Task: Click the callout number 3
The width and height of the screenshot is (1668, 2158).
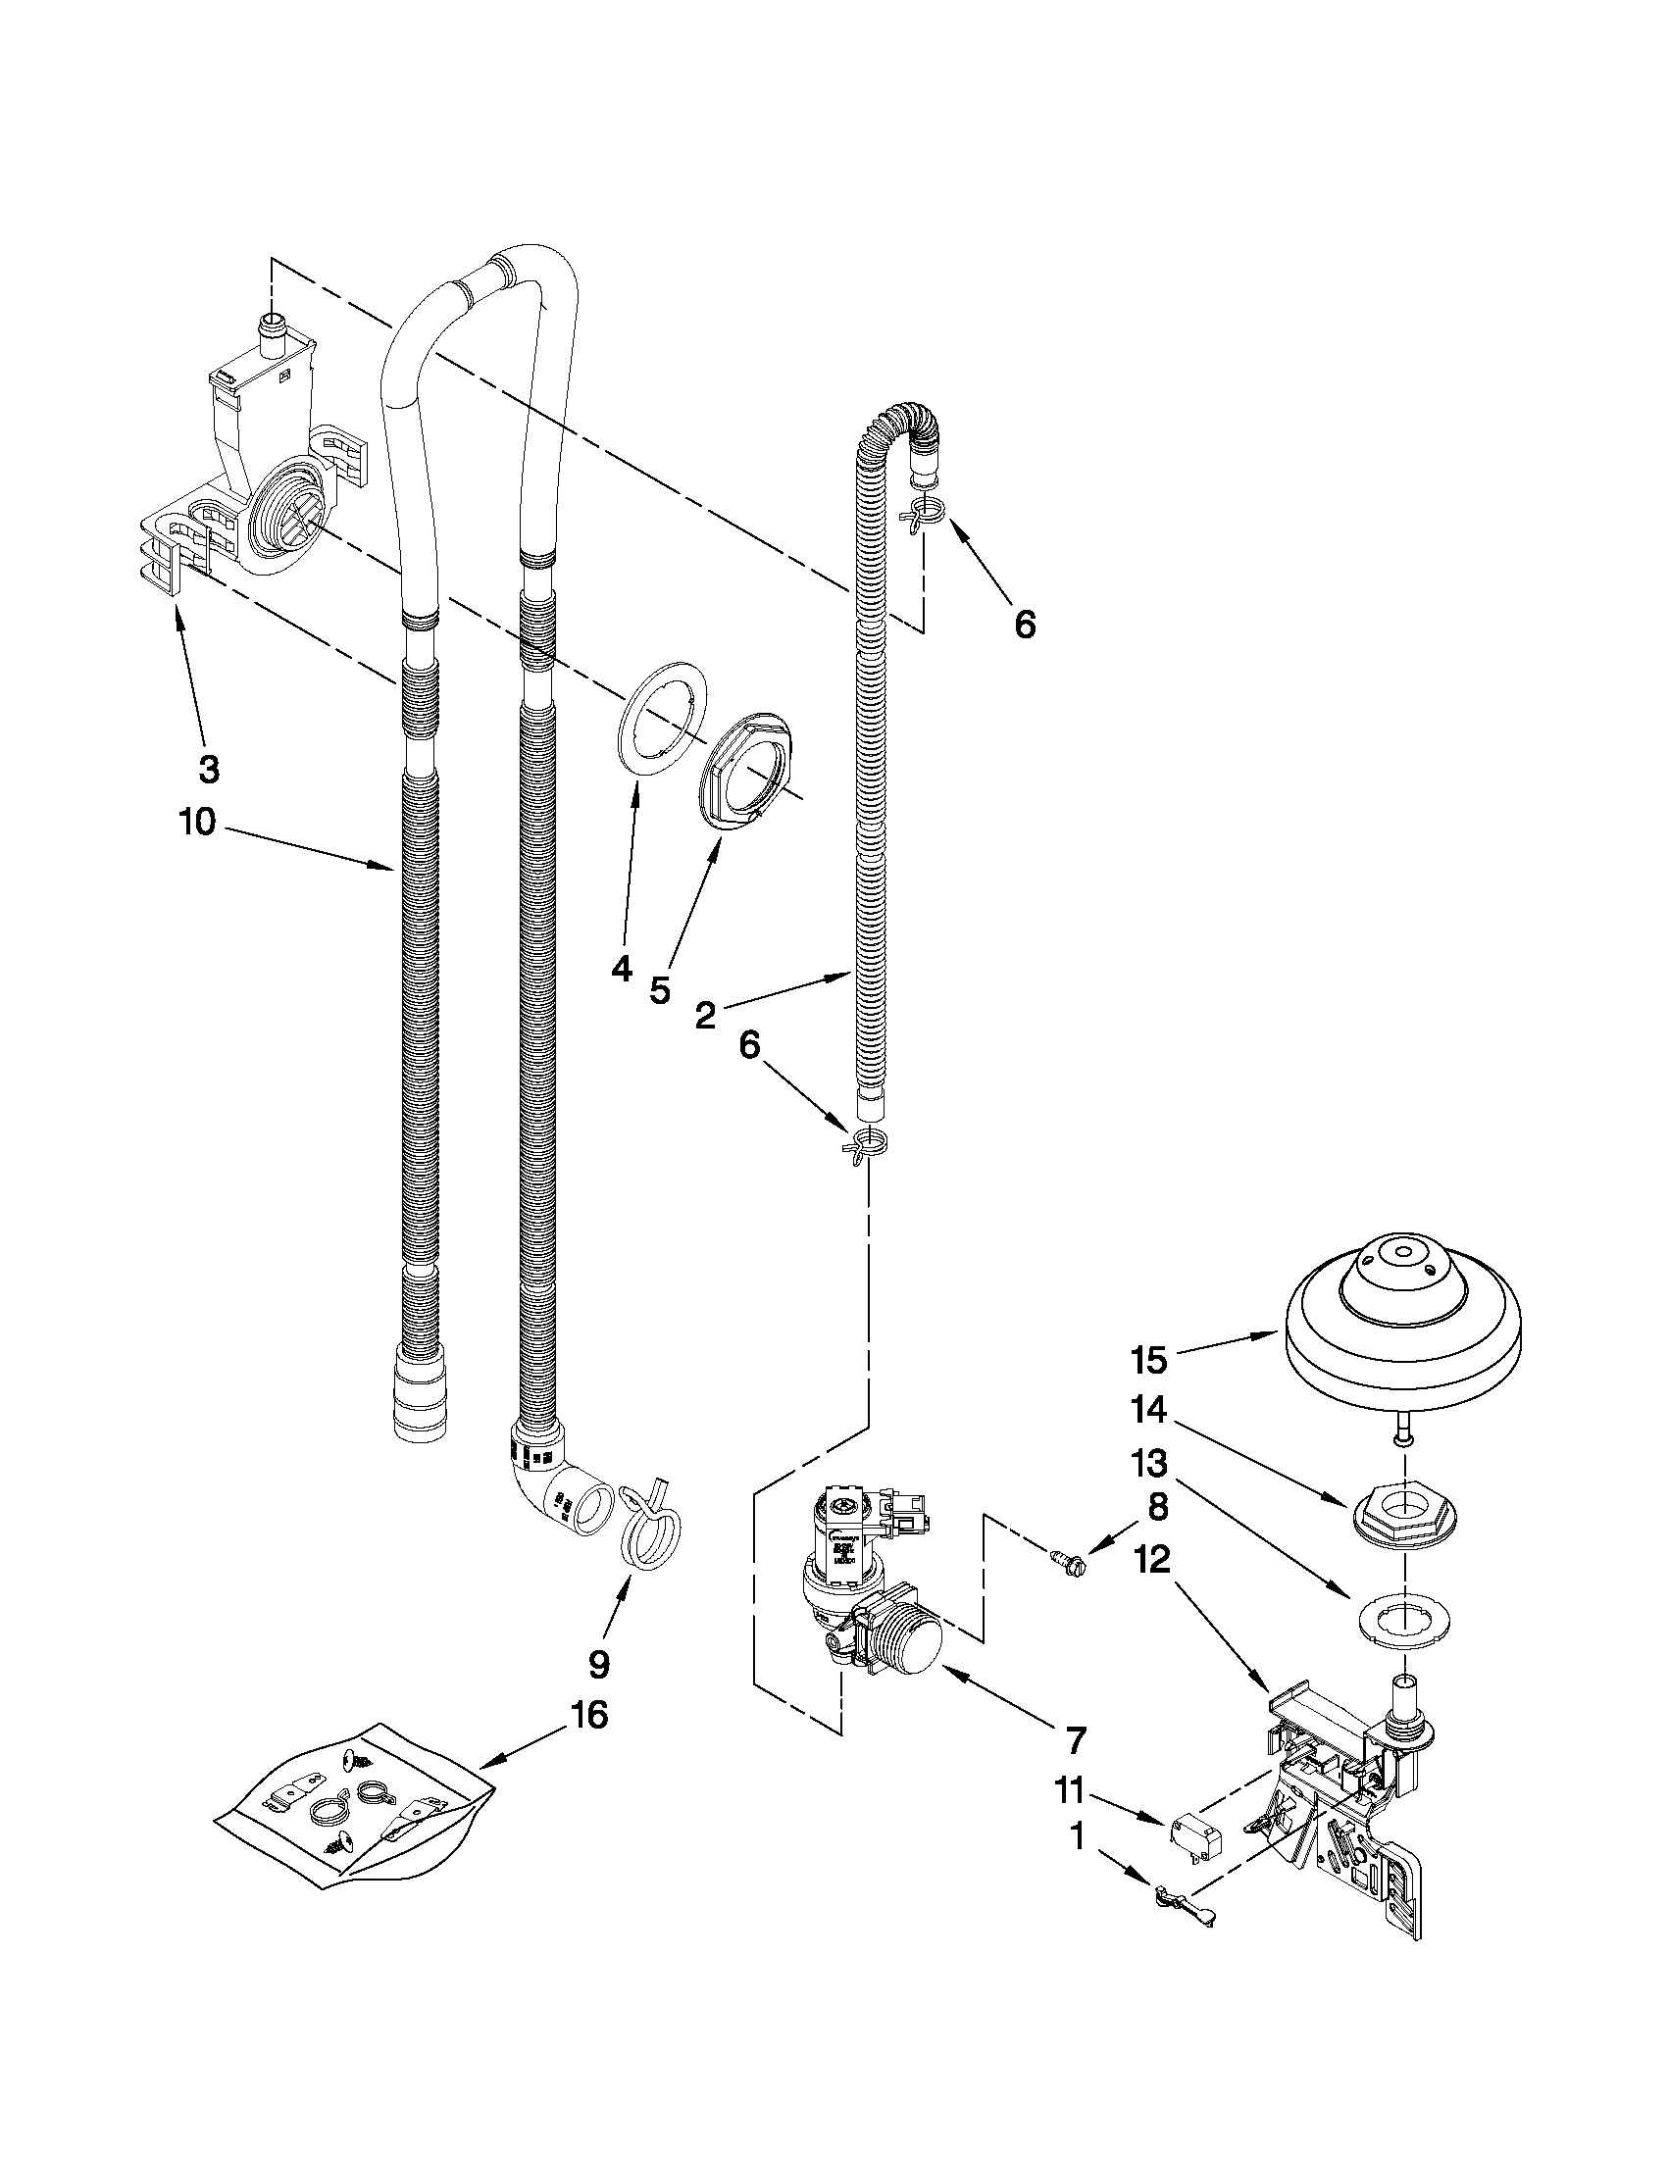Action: (209, 769)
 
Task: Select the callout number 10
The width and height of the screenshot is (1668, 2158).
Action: (198, 821)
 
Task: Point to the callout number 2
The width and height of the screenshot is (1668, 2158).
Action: (704, 1015)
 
